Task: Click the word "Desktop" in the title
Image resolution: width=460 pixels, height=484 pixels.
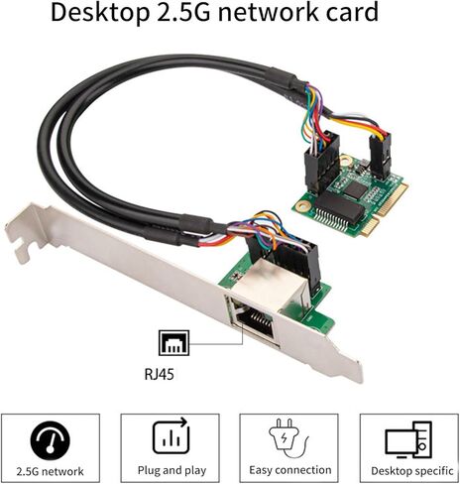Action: click(x=100, y=13)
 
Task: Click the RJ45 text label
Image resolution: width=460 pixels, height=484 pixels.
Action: click(x=159, y=375)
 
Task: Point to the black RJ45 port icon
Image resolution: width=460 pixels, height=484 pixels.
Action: click(x=174, y=343)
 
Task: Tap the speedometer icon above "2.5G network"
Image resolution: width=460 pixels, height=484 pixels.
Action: click(x=51, y=441)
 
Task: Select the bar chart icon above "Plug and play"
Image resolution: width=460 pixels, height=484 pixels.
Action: click(x=172, y=436)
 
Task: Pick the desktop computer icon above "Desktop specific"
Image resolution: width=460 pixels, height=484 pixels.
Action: click(x=408, y=439)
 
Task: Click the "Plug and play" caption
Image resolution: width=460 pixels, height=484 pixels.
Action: click(x=172, y=470)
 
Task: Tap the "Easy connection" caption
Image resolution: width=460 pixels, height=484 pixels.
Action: click(x=290, y=470)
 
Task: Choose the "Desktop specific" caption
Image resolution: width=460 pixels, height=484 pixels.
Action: click(x=411, y=471)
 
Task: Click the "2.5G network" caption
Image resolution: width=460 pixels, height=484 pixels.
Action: click(x=51, y=471)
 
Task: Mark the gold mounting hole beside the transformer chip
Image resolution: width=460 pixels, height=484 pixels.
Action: click(x=300, y=206)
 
